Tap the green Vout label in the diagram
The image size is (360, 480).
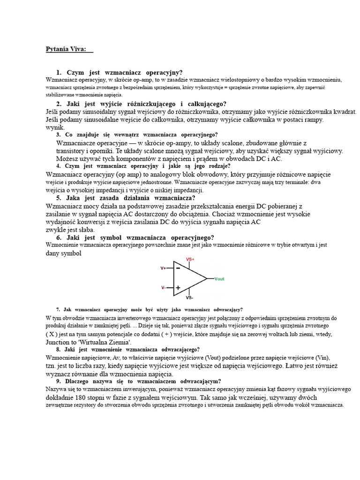click(219, 279)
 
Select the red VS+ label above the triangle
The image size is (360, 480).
click(190, 259)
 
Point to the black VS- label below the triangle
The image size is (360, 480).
click(190, 298)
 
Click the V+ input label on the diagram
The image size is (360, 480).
click(163, 269)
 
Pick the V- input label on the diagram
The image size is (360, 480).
click(163, 288)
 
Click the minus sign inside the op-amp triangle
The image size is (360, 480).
click(178, 268)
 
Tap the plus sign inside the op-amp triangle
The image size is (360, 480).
click(178, 288)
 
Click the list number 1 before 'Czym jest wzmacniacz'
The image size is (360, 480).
click(59, 73)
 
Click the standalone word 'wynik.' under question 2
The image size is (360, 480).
click(55, 127)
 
